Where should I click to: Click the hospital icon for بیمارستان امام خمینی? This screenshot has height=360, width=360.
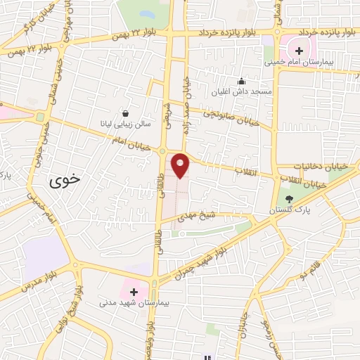coord(299,51)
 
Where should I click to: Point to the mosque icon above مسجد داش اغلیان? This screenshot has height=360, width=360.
coord(241,81)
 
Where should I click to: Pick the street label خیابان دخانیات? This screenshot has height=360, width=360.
coord(301,166)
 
